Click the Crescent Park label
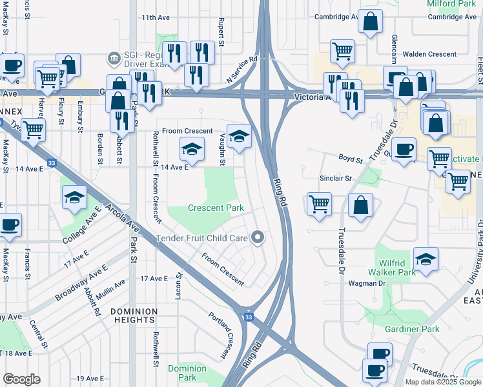tap(216, 208)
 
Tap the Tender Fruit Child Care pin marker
tap(258, 238)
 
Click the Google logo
tap(22, 379)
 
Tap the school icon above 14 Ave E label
tap(191, 149)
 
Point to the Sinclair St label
tap(335, 178)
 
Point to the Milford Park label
tap(452, 4)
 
